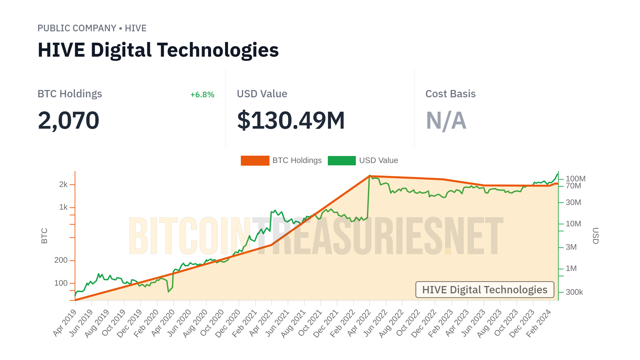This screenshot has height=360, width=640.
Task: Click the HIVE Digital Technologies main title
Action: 158,50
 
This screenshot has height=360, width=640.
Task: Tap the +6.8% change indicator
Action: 202,95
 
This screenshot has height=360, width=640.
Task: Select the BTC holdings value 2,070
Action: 68,120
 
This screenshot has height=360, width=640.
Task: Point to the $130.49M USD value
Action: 291,120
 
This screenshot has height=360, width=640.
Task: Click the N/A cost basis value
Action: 446,120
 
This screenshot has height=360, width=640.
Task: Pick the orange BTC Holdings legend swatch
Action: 255,161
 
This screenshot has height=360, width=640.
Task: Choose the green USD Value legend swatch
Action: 342,161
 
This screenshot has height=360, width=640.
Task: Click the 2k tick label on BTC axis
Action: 63,184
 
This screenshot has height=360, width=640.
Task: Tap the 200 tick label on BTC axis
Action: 61,260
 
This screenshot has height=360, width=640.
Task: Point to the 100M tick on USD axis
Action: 575,179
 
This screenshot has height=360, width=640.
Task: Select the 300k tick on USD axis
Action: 574,292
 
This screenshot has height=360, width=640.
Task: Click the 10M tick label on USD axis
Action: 573,224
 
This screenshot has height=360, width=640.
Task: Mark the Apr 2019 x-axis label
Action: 65,323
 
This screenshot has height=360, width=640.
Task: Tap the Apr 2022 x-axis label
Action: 359,323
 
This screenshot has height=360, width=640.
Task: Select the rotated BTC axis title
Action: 44,236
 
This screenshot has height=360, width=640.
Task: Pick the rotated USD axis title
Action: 595,236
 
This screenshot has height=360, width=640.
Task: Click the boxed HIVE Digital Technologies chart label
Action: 485,290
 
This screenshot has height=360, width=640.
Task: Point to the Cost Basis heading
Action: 450,94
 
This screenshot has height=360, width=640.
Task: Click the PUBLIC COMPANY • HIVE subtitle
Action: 92,28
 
